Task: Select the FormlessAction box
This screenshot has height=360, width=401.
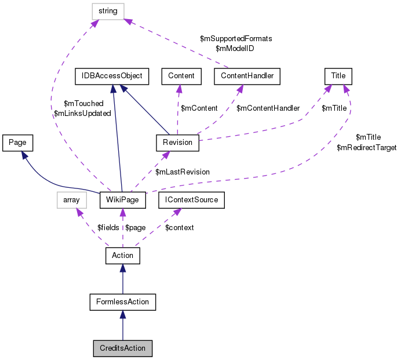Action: (x=123, y=301)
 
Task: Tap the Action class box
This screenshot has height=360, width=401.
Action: (x=122, y=255)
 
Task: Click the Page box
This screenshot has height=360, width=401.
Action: (x=17, y=141)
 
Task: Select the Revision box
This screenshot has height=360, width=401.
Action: (x=177, y=142)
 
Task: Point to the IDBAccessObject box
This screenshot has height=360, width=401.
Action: (x=112, y=75)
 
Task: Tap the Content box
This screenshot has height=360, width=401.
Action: (x=181, y=75)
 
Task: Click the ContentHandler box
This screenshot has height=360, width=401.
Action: (x=247, y=75)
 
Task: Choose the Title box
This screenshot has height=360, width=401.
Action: (x=338, y=75)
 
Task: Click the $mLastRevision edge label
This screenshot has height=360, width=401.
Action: (x=183, y=172)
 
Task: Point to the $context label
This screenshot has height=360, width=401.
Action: (x=180, y=228)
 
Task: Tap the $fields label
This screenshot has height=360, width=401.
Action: (x=108, y=228)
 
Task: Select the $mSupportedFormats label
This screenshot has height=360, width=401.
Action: (x=236, y=38)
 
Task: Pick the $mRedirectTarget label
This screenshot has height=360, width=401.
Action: (x=366, y=148)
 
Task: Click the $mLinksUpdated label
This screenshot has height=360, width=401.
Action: (x=82, y=114)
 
